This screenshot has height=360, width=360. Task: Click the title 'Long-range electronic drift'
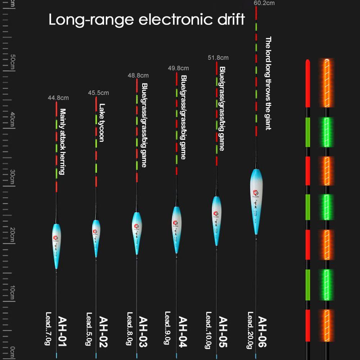pos(147,19)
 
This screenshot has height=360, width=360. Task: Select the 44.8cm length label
pos(58,98)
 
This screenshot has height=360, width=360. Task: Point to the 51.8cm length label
pos(218,58)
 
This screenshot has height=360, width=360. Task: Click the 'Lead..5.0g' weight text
pos(89,329)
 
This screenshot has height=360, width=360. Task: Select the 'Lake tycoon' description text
pos(102,123)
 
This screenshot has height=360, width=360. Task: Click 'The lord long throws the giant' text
pos(268,83)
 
